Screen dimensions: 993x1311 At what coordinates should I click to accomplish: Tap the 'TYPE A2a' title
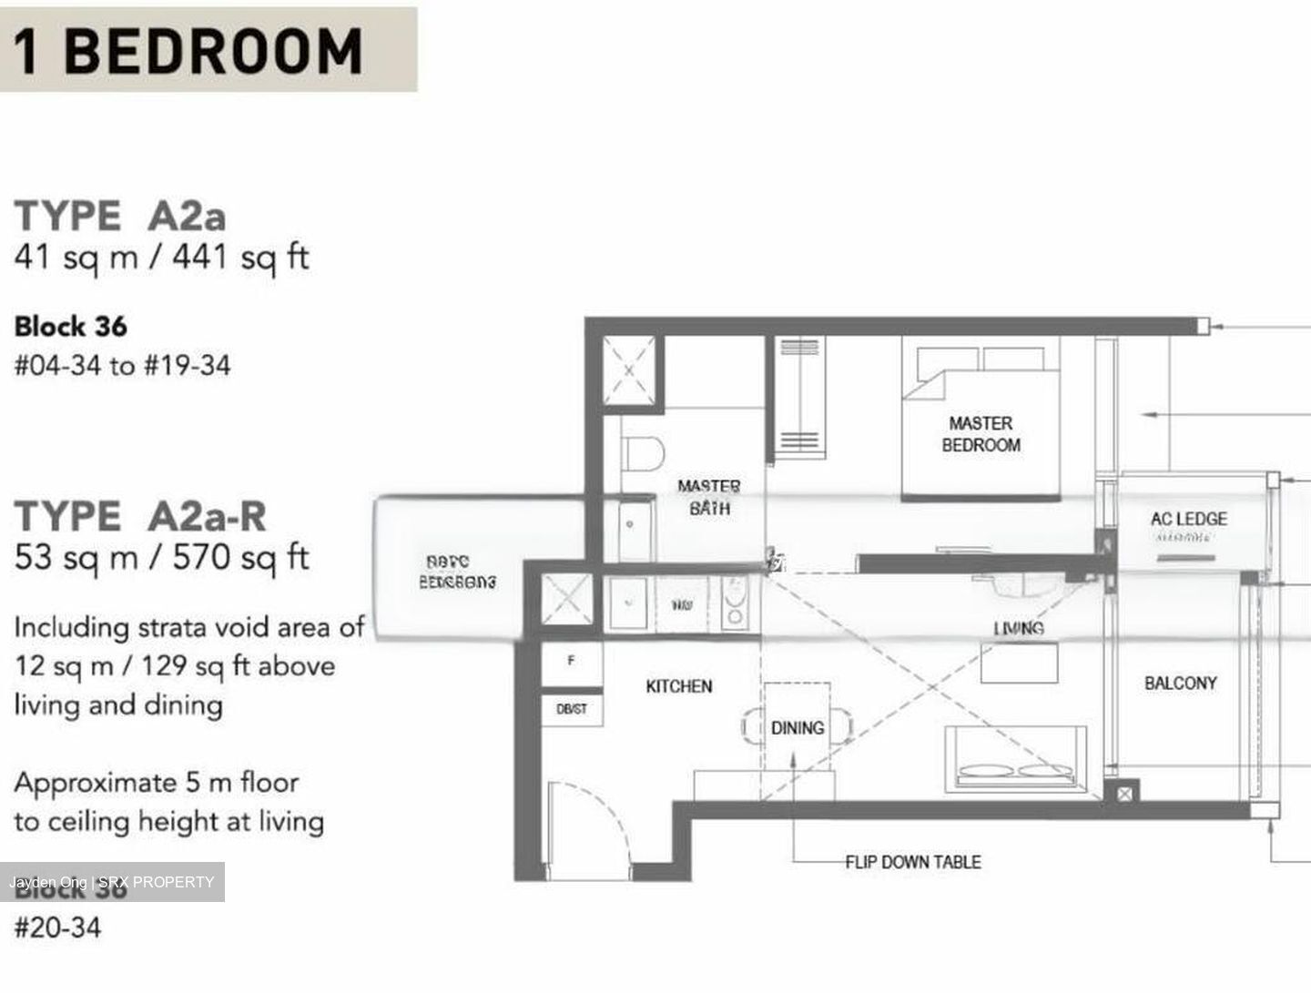click(120, 217)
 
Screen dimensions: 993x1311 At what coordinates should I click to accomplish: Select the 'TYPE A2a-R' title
click(140, 517)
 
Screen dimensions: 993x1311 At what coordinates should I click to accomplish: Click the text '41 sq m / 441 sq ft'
click(162, 258)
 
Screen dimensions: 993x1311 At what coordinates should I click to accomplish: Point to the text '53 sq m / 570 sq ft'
click(162, 557)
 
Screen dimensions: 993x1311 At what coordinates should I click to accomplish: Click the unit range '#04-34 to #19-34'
click(122, 366)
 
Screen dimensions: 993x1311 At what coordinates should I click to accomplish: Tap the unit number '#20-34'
click(57, 927)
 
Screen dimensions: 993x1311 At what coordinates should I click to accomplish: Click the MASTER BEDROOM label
click(981, 434)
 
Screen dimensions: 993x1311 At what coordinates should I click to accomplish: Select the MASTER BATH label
click(708, 498)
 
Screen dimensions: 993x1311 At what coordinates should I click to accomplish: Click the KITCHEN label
click(678, 686)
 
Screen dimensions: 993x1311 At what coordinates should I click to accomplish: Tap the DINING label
click(797, 728)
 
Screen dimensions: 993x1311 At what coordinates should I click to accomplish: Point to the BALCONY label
click(1180, 683)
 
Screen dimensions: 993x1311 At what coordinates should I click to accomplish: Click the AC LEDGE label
click(1188, 519)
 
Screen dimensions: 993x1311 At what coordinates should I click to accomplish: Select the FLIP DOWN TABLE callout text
click(912, 862)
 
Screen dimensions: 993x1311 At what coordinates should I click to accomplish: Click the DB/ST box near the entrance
click(572, 709)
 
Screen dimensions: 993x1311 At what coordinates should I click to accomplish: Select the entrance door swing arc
click(592, 819)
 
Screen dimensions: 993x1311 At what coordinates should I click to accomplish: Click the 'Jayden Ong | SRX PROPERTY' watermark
click(112, 882)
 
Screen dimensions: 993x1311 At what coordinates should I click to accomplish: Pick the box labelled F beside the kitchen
click(571, 662)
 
